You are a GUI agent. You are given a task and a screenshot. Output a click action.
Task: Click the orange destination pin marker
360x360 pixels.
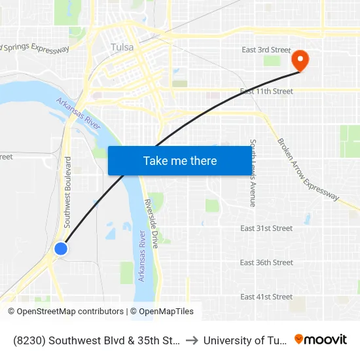click(300, 60)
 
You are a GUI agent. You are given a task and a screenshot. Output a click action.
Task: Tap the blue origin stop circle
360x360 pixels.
click(60, 249)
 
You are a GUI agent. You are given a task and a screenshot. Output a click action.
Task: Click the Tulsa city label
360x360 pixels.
click(122, 47)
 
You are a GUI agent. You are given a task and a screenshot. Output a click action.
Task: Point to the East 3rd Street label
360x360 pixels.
click(266, 50)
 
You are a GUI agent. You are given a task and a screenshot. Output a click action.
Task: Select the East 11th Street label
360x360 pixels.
click(266, 92)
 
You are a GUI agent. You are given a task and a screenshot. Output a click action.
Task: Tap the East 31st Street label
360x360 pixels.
click(266, 228)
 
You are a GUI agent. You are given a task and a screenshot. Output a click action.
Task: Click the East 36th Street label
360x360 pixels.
click(266, 262)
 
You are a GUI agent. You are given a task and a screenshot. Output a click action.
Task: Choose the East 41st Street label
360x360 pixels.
click(266, 297)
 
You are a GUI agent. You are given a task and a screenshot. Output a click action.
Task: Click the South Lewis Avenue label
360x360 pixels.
click(253, 173)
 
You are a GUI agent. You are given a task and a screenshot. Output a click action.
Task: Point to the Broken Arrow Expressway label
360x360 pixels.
click(308, 169)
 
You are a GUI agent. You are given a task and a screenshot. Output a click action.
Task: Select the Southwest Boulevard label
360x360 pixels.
click(67, 192)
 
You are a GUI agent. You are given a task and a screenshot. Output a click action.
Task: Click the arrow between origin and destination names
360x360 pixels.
click(193, 340)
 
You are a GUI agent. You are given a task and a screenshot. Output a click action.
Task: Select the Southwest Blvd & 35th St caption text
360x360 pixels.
click(96, 340)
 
